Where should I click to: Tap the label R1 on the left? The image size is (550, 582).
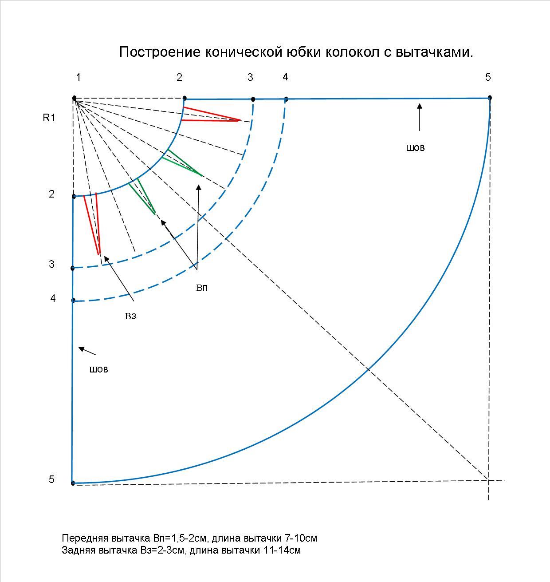coord(49,118)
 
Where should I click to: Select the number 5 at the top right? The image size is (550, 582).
coord(488,77)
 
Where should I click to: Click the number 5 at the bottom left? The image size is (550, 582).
coord(52,479)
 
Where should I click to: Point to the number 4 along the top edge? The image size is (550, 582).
coord(285,77)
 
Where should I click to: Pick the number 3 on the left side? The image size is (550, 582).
coord(52,264)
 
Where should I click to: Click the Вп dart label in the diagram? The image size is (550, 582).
coord(202,288)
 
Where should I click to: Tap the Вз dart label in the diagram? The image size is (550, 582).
coord(130,317)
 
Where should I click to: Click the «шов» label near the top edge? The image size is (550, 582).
coord(415,148)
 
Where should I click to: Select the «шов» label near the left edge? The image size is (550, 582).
coord(98,369)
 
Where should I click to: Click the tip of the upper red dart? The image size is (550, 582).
coord(240,120)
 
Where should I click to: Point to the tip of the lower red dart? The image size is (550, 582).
coord(99,254)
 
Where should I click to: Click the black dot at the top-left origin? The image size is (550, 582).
coord(74,98)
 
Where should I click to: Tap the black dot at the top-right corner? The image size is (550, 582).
coord(490,98)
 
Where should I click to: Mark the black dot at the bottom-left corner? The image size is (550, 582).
coord(73,483)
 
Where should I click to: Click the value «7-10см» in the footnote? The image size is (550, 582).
coord(301,538)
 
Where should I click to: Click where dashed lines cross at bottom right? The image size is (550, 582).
coord(488,480)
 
